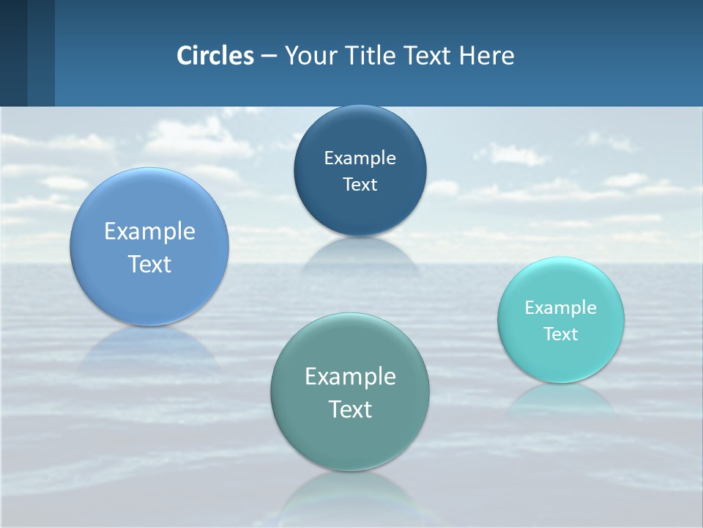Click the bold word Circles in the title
tap(215, 56)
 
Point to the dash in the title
tap(269, 56)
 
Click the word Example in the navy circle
tap(360, 158)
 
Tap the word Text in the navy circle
tap(360, 184)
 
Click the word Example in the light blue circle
tap(149, 231)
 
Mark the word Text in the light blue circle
tap(149, 264)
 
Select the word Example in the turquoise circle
tap(561, 307)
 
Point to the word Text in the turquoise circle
tap(561, 334)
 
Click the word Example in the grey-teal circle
tap(350, 376)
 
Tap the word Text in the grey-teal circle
tap(350, 409)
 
